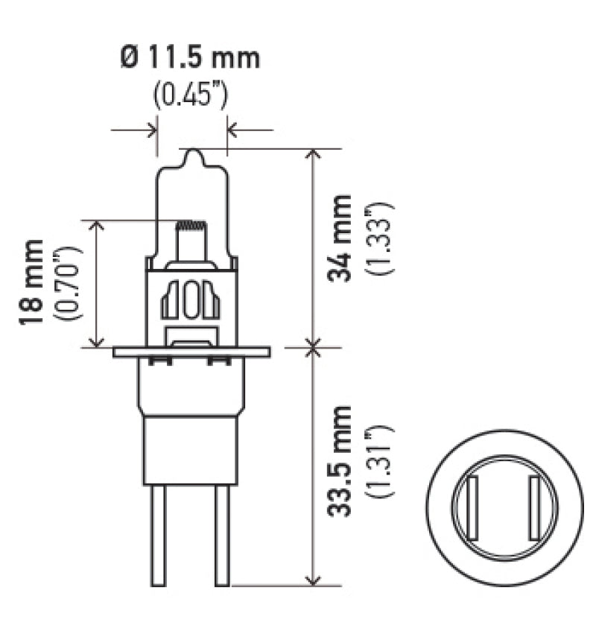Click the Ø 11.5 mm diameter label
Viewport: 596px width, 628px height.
tap(191, 58)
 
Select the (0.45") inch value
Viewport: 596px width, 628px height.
tap(191, 95)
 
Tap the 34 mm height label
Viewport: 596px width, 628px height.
tap(341, 237)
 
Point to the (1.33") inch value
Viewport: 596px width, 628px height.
tap(381, 238)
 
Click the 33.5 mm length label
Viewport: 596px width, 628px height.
tap(341, 462)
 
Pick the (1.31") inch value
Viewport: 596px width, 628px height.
tap(381, 462)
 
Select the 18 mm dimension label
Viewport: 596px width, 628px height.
tap(31, 282)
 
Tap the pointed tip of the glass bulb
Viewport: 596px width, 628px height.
tap(193, 153)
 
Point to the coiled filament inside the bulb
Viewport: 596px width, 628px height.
tap(189, 224)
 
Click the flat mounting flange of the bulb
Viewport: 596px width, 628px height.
tap(191, 352)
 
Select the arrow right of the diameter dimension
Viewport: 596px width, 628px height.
tap(233, 130)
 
